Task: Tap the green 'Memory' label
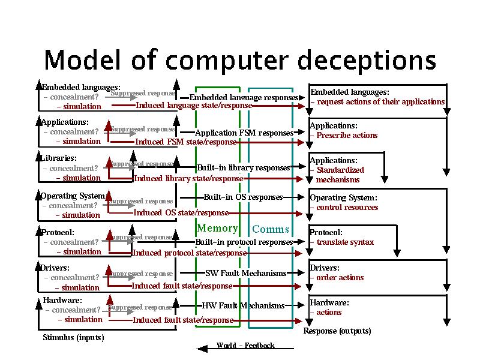click(217, 228)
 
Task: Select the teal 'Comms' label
click(271, 229)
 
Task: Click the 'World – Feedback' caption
click(245, 346)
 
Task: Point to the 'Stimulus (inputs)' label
click(73, 338)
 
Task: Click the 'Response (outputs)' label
click(337, 331)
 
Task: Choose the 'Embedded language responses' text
click(244, 97)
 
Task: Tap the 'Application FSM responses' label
click(244, 133)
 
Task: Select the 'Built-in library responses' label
click(244, 167)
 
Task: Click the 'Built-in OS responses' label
click(243, 197)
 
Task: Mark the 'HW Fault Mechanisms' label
click(243, 305)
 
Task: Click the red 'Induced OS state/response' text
click(181, 212)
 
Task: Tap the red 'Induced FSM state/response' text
click(185, 142)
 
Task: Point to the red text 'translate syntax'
click(345, 242)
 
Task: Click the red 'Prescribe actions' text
click(347, 136)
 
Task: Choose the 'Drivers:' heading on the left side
click(55, 268)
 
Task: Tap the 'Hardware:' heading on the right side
click(329, 303)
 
